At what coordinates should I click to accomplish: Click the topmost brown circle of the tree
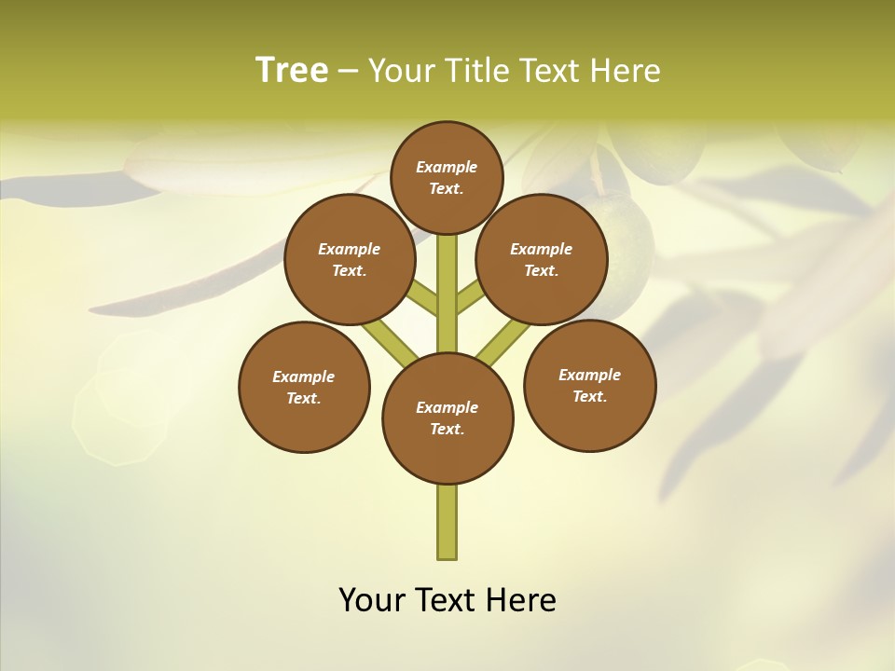[x=447, y=177]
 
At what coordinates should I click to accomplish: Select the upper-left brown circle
[x=350, y=259]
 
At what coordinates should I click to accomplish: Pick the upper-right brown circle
[x=542, y=259]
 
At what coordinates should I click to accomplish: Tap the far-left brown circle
[x=304, y=387]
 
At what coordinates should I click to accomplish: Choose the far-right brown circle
[x=590, y=385]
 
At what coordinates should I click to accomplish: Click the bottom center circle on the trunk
[x=447, y=418]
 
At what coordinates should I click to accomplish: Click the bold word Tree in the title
[x=292, y=70]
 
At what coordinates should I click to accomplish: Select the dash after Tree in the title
[x=348, y=71]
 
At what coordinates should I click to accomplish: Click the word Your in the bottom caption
[x=372, y=600]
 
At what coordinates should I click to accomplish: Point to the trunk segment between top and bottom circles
[x=447, y=298]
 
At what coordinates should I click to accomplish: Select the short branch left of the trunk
[x=423, y=298]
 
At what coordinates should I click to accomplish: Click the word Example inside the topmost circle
[x=447, y=167]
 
